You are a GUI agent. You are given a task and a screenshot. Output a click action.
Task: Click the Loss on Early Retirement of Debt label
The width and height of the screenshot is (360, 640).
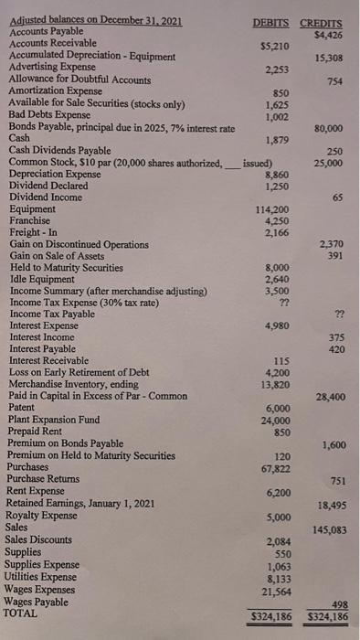(79, 373)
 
